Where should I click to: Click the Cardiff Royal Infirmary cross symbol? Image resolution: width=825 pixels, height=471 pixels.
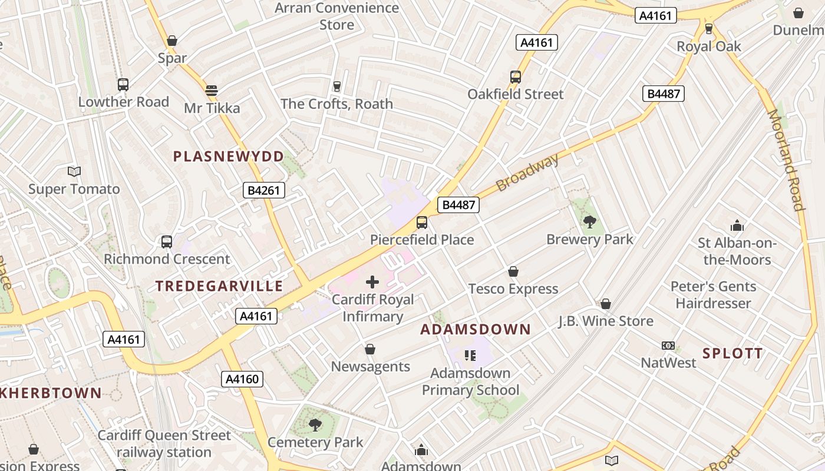(372, 282)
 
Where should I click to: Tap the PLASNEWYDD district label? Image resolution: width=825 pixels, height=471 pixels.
(229, 157)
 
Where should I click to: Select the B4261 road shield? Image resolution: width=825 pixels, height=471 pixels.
(264, 190)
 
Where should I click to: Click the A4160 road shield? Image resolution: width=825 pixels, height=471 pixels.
(242, 379)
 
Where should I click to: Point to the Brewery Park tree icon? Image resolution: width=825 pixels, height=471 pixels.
(589, 222)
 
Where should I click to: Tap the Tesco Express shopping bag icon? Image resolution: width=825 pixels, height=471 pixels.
(513, 271)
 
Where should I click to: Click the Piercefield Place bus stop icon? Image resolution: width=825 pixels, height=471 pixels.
(422, 223)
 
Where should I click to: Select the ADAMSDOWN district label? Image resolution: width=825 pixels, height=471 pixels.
(476, 330)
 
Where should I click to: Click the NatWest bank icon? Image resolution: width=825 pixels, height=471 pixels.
(668, 346)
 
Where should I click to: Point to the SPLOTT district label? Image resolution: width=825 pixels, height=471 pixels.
(732, 354)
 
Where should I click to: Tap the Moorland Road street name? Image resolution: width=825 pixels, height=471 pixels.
(786, 159)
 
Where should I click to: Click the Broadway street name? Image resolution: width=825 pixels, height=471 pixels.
(527, 172)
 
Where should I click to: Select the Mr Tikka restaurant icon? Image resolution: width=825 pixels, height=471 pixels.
(212, 91)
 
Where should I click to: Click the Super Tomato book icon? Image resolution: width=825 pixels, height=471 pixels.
(74, 171)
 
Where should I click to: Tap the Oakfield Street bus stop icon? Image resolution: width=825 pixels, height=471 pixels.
(516, 77)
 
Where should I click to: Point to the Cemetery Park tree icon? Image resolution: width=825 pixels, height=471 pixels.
(315, 424)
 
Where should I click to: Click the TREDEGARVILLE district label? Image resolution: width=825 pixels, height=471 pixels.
(219, 287)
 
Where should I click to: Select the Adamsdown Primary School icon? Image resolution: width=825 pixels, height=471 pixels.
(470, 355)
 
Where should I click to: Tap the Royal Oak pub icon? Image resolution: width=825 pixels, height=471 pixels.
(709, 28)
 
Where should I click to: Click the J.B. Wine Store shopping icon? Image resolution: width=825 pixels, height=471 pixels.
(606, 304)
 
